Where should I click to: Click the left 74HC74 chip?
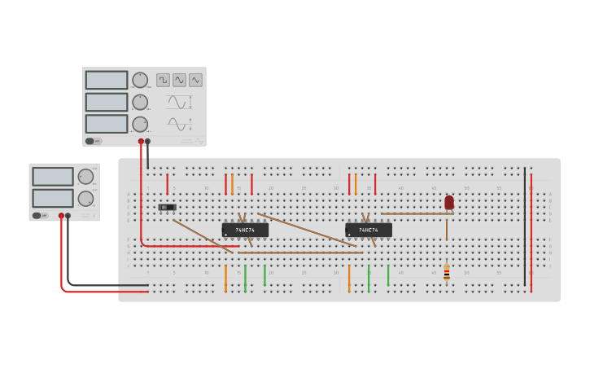245,231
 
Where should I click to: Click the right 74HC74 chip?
369,231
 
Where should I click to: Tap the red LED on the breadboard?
449,202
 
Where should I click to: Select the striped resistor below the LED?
447,272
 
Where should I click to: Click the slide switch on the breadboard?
167,208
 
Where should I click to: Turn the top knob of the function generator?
140,80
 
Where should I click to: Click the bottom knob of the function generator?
140,124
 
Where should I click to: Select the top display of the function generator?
107,80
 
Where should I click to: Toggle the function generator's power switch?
94,141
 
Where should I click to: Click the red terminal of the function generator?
141,141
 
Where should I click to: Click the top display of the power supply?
53,177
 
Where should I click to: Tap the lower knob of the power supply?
85,198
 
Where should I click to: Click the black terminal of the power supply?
68,216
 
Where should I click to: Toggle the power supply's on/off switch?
37,216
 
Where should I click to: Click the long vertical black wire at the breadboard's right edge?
525,228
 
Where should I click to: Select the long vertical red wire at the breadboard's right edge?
531,232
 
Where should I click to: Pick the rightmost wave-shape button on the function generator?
195,80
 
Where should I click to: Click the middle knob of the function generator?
140,102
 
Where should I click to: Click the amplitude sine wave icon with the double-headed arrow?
179,102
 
